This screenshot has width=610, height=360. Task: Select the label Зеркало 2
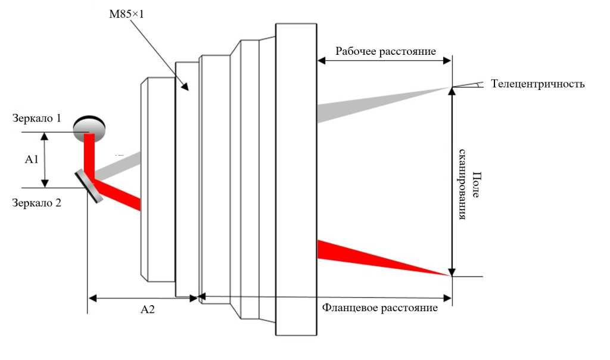37,203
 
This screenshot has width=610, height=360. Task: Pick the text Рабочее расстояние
385,51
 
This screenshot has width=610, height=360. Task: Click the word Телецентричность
538,84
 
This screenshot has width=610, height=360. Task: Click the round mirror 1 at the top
90,128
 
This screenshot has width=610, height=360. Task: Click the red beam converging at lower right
369,256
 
